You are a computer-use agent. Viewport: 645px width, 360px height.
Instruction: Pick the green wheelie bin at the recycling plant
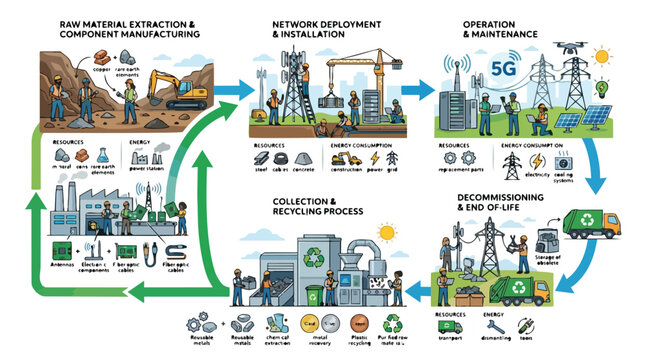312,296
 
